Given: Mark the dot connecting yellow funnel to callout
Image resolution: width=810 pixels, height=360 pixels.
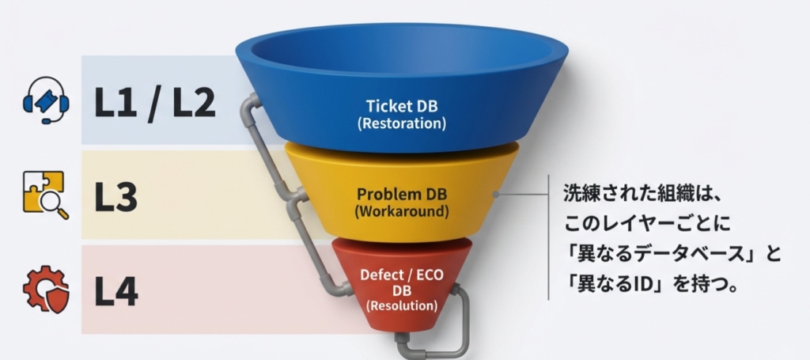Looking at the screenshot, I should click(x=495, y=192).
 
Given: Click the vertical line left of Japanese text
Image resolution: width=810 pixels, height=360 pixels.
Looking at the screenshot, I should click(x=549, y=237).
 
